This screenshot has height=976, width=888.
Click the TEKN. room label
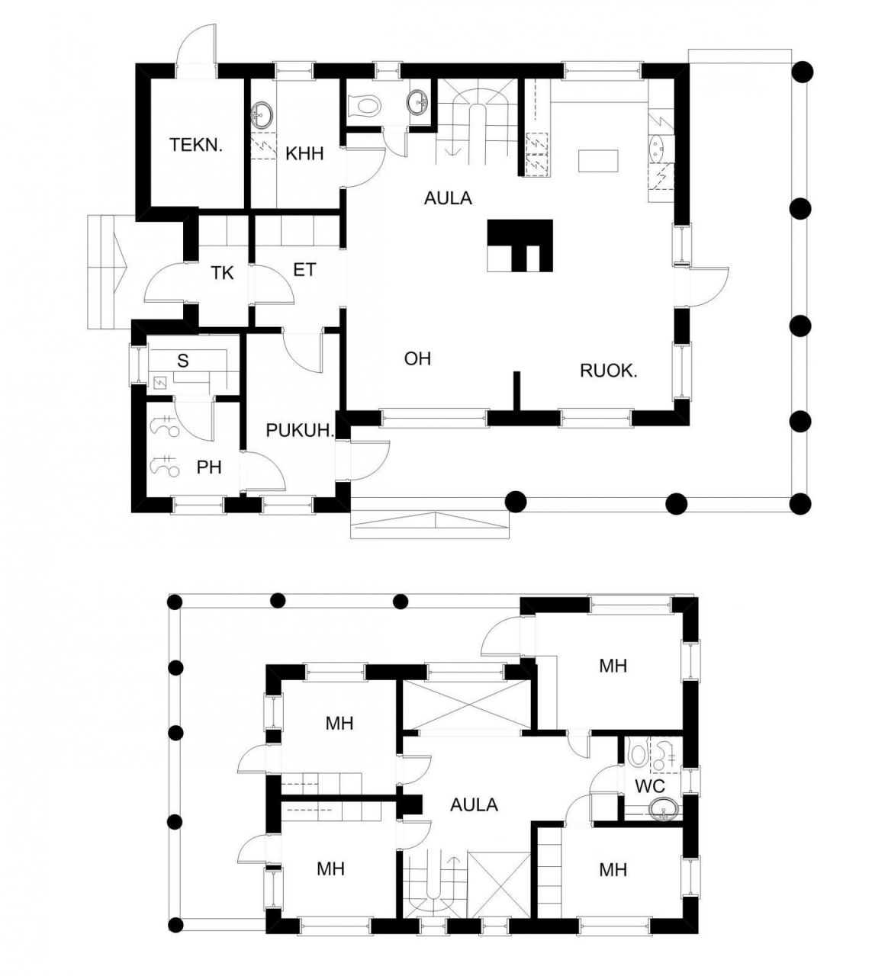[196, 145]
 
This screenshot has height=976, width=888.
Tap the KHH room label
[304, 154]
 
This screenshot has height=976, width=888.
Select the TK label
[222, 273]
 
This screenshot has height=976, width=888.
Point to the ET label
[304, 269]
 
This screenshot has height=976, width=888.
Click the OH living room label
[417, 358]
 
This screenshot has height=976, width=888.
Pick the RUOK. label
[609, 371]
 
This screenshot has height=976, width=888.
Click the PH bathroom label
[209, 467]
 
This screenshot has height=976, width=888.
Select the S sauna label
[182, 361]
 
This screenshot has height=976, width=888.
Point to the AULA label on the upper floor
[474, 804]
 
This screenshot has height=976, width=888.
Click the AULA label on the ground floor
[448, 198]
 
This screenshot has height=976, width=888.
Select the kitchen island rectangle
[598, 161]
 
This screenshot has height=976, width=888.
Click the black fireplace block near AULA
[520, 246]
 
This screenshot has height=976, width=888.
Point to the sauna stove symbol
[159, 384]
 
